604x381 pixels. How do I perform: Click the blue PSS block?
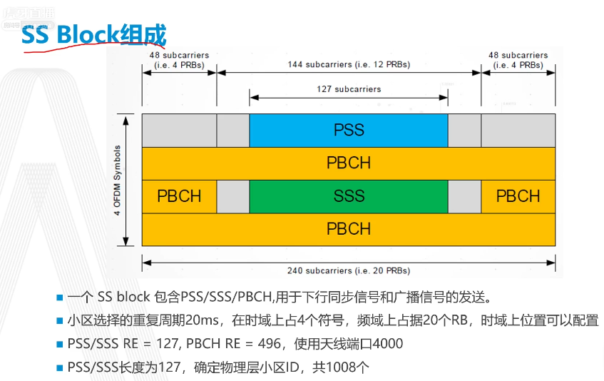pos(349,130)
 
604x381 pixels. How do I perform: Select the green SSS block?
pos(349,196)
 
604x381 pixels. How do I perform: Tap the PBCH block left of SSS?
pos(179,196)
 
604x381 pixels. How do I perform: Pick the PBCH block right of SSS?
pos(518,196)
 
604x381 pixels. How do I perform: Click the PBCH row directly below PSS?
pos(349,163)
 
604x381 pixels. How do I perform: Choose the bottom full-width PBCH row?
pos(349,229)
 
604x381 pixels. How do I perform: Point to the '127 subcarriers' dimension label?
pos(349,89)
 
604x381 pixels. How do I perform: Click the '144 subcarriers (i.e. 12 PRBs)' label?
pos(349,64)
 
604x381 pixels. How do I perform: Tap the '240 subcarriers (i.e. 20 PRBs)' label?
pos(349,270)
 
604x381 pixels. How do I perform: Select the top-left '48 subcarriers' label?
pos(179,60)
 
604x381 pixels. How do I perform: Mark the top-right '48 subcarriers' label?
pos(518,60)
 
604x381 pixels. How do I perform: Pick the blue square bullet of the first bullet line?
pos(60,298)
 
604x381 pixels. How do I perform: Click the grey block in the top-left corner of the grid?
pos(179,130)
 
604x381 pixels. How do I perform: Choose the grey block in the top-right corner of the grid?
pos(518,130)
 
